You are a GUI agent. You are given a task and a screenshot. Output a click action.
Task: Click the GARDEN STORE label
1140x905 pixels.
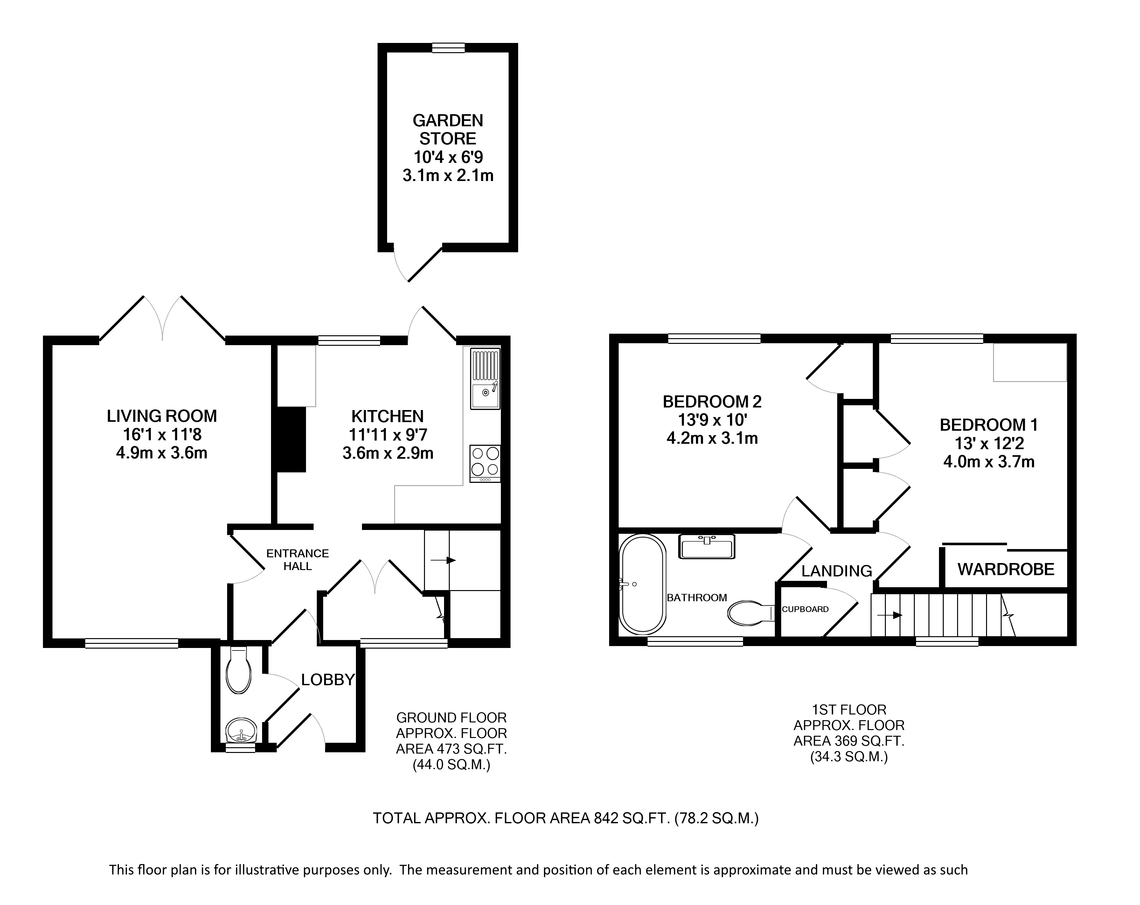pyautogui.click(x=448, y=129)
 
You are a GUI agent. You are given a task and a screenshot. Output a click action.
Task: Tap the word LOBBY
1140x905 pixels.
pyautogui.click(x=328, y=680)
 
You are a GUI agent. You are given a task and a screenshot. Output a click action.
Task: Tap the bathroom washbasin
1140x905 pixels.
pyautogui.click(x=707, y=547)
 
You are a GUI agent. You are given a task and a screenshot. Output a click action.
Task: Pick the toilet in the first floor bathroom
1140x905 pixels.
pyautogui.click(x=751, y=612)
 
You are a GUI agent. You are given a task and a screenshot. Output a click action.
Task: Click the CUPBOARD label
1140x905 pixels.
pyautogui.click(x=805, y=609)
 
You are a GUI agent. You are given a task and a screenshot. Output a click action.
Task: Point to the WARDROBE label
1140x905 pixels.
pyautogui.click(x=1006, y=570)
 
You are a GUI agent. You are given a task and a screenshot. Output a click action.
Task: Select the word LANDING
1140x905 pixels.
pyautogui.click(x=837, y=571)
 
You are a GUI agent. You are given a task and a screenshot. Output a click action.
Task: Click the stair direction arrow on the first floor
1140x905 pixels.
pyautogui.click(x=890, y=615)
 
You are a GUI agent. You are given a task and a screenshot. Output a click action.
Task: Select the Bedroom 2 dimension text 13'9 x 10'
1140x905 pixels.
pyautogui.click(x=712, y=420)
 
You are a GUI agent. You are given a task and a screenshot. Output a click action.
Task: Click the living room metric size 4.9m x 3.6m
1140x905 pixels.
pyautogui.click(x=162, y=453)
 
